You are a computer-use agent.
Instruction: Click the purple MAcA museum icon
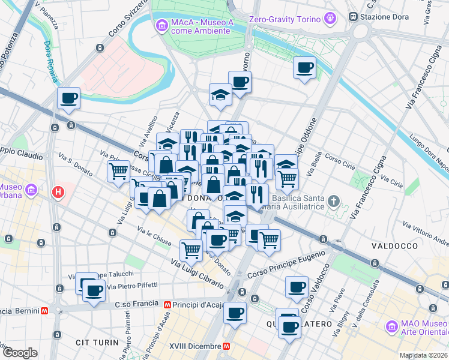[x=161, y=25]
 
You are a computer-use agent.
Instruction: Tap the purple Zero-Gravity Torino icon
[x=330, y=19]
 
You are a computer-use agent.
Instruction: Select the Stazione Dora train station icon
[x=354, y=17]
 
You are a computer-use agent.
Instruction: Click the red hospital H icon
[x=58, y=193]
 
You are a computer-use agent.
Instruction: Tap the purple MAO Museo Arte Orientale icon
[x=392, y=327]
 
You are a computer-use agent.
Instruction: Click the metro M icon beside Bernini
[x=44, y=311]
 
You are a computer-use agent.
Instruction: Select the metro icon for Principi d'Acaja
[x=167, y=305]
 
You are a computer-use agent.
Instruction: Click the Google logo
[x=20, y=353]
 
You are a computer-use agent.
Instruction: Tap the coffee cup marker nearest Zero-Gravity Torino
[x=304, y=67]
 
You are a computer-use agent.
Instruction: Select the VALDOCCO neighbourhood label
[x=394, y=246]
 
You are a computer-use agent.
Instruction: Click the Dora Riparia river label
[x=50, y=61]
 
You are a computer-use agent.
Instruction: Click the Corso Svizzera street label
[x=124, y=29]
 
